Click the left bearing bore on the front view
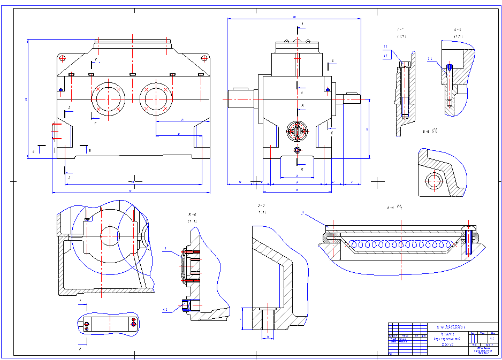[x=109, y=98]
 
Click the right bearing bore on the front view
[x=156, y=99]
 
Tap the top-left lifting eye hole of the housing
[x=63, y=58]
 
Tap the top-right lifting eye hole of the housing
[x=204, y=58]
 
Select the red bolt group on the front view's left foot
[x=55, y=131]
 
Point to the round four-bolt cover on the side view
[x=298, y=130]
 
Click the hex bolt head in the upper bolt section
[x=404, y=65]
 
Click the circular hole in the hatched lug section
[x=434, y=181]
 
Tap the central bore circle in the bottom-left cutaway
[x=110, y=235]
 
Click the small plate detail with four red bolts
[x=110, y=324]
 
